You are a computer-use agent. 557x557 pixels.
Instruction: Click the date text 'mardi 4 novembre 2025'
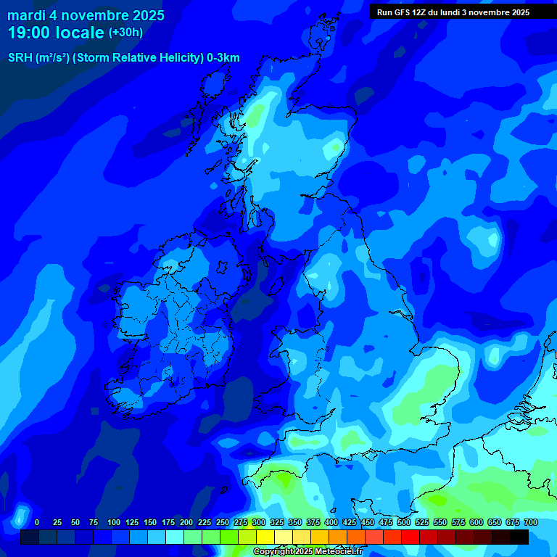click(86, 15)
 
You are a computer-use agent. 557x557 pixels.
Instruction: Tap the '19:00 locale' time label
click(56, 33)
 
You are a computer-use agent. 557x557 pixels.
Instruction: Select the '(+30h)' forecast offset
click(125, 33)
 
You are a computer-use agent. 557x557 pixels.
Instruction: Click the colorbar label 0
click(37, 522)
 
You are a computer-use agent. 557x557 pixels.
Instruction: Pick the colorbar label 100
click(113, 522)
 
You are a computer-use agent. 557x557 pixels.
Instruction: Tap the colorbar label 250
click(223, 522)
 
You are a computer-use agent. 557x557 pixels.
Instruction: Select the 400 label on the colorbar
click(331, 522)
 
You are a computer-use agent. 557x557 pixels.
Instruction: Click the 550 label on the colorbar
click(440, 522)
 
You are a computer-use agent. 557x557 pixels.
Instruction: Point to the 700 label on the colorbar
click(531, 522)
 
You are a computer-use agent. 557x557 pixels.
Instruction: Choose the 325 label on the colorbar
click(277, 522)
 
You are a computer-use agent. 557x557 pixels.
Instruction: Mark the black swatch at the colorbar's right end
click(519, 537)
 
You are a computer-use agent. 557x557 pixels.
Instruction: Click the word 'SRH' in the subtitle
click(20, 58)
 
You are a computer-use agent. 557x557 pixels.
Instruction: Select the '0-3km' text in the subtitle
click(222, 58)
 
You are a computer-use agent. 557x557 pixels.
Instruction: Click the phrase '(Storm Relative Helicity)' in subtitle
click(136, 58)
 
